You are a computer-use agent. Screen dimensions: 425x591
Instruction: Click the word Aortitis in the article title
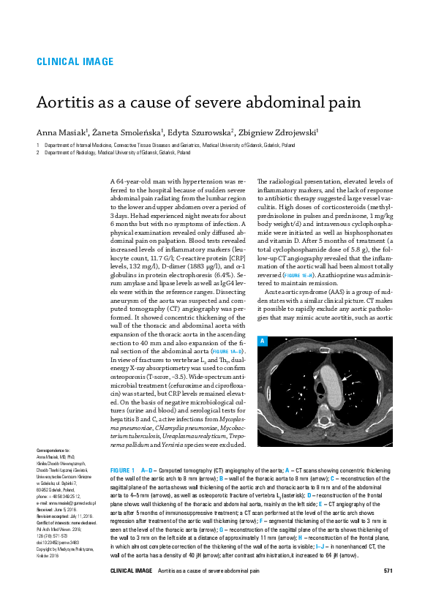click(64, 104)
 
